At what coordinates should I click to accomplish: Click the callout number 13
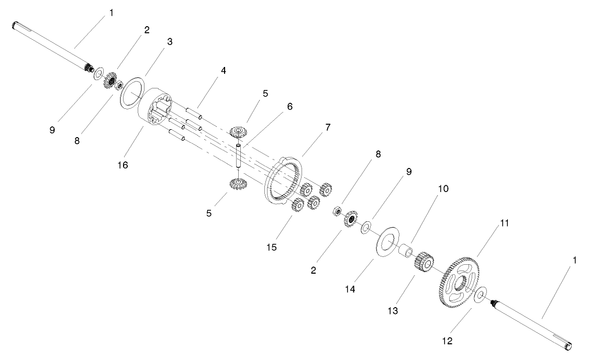tap(392, 311)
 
